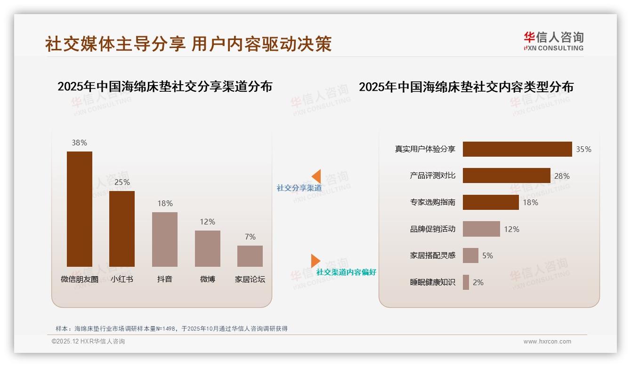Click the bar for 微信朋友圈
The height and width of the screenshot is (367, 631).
[x=79, y=209]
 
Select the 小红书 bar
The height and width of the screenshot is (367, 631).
[x=122, y=229]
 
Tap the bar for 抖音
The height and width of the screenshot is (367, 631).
[x=165, y=239]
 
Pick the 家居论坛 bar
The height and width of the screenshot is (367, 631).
[x=250, y=256]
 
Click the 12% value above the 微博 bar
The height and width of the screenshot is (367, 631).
[x=207, y=222]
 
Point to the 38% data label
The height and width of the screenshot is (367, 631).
[x=79, y=143]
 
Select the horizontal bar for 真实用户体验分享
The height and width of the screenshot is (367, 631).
[x=517, y=149]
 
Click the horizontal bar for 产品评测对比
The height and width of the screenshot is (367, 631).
[x=506, y=176]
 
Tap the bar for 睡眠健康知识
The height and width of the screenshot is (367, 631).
[x=466, y=282]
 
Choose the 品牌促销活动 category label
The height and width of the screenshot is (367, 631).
[x=433, y=229]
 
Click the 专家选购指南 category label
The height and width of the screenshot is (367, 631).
[x=433, y=202]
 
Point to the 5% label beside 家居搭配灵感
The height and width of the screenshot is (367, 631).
[x=487, y=255]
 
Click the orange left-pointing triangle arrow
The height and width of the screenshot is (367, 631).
[x=316, y=176]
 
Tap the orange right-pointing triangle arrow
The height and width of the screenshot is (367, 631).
[x=315, y=261]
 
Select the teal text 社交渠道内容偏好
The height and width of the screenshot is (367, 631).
[x=346, y=272]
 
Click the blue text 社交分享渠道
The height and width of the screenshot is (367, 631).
[x=299, y=188]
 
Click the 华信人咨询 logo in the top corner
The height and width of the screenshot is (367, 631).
[x=553, y=41]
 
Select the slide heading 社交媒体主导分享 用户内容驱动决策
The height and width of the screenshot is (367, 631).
[x=188, y=44]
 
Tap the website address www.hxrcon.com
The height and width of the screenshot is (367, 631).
[x=547, y=342]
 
